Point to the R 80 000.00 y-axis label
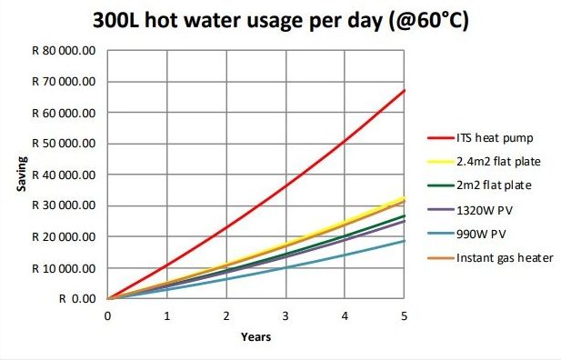(x=65, y=51)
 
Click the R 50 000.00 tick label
(x=65, y=144)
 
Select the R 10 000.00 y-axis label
(x=65, y=267)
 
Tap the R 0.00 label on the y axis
(x=76, y=298)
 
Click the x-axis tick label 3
(x=286, y=315)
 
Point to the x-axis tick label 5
(x=405, y=315)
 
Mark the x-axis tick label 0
(x=107, y=315)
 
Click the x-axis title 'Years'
(x=255, y=336)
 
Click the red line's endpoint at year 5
(x=405, y=91)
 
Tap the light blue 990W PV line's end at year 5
(x=405, y=241)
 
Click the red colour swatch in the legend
(x=440, y=138)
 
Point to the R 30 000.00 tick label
(x=65, y=205)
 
